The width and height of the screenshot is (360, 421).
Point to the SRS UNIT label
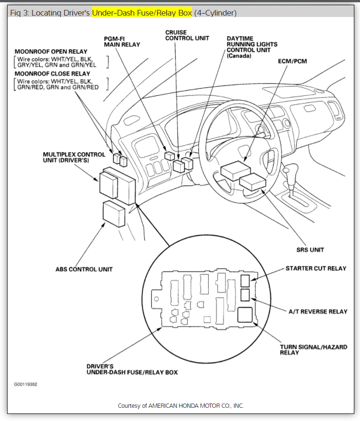(x=310, y=250)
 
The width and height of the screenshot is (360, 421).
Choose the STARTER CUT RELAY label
(x=316, y=269)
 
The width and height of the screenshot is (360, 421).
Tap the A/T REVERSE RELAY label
(x=318, y=312)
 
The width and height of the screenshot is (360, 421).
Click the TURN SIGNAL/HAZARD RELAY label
(x=313, y=349)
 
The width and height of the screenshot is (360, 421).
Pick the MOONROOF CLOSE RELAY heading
(x=52, y=74)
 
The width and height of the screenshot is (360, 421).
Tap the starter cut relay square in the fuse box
(x=246, y=281)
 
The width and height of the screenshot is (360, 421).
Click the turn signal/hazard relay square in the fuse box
(x=246, y=314)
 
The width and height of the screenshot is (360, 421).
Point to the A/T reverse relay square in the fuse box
(x=246, y=296)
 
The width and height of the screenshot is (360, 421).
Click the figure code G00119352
(x=25, y=384)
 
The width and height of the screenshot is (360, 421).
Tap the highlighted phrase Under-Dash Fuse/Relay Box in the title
(x=142, y=13)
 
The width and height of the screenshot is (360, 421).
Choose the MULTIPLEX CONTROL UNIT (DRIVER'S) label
(x=71, y=157)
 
